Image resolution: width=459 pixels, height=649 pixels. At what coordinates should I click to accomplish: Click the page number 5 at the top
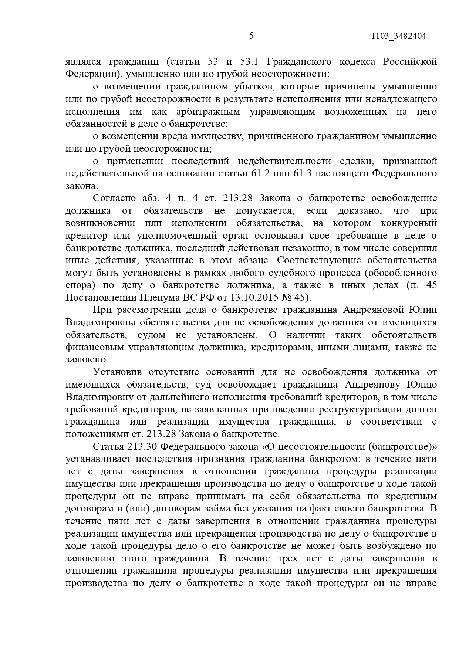(252, 36)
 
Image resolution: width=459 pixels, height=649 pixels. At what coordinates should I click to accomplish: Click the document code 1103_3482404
(398, 36)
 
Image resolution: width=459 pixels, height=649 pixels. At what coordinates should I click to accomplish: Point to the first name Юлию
(422, 384)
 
